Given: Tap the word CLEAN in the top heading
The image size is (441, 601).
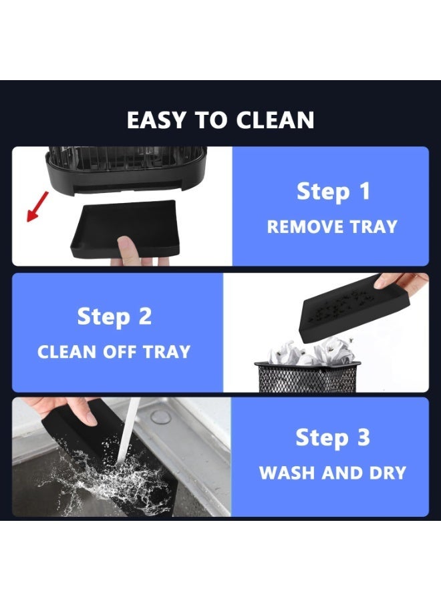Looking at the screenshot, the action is point(275,120).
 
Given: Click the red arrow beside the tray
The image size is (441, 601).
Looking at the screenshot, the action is point(37,206).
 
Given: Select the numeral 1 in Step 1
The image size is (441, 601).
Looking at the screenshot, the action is point(364,191).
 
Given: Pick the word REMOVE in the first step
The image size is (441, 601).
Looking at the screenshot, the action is point(300,226).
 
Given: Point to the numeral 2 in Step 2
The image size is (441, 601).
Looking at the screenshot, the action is point(144,317).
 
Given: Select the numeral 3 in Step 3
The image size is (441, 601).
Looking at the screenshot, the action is point(363,437).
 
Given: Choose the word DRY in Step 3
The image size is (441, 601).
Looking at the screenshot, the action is point(388,473).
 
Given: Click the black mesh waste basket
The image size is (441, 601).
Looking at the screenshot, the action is point(307,377).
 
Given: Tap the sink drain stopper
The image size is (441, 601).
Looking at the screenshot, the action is point(160,417).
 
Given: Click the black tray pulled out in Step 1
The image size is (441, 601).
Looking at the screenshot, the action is point(125,228).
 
